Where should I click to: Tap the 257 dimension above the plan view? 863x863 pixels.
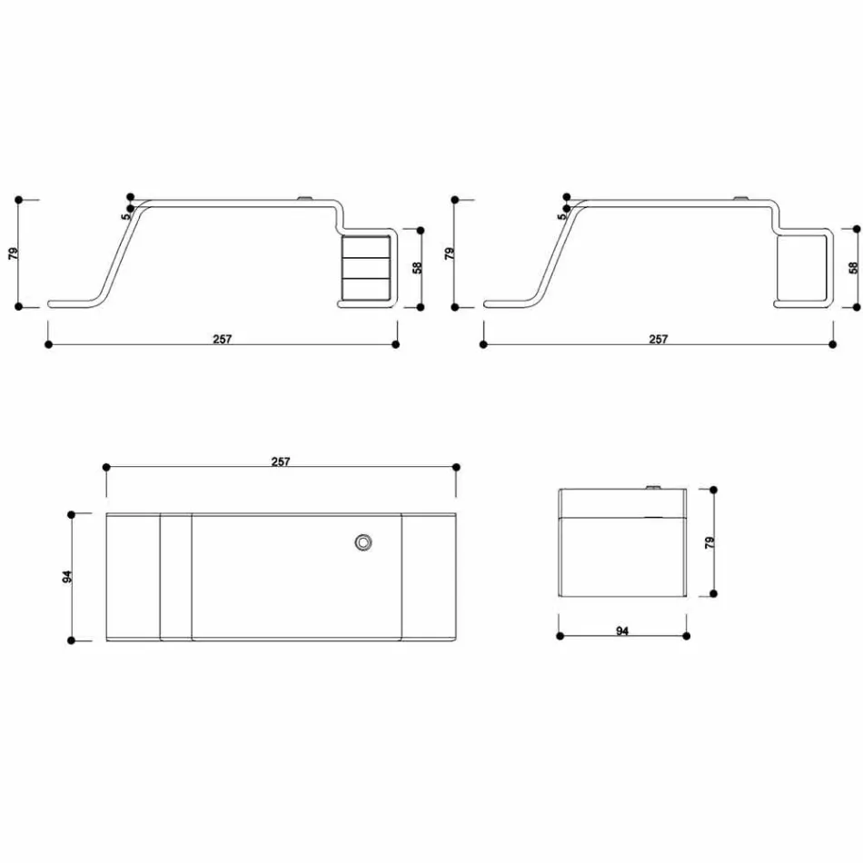pyautogui.click(x=281, y=461)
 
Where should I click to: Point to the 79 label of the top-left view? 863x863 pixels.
pyautogui.click(x=13, y=253)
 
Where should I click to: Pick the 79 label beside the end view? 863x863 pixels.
pyautogui.click(x=709, y=542)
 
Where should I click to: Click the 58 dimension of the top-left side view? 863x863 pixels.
pyautogui.click(x=416, y=268)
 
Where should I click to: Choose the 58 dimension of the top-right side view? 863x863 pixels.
pyautogui.click(x=852, y=268)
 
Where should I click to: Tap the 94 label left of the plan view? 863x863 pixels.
pyautogui.click(x=67, y=577)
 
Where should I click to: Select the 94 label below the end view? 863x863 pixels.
pyautogui.click(x=622, y=630)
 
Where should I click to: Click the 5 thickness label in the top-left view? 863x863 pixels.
pyautogui.click(x=125, y=215)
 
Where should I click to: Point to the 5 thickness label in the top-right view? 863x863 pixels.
pyautogui.click(x=561, y=215)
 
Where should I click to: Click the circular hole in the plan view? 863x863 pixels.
pyautogui.click(x=363, y=542)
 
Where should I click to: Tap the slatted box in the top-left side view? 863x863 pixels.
pyautogui.click(x=366, y=268)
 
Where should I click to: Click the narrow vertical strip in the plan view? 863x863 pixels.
pyautogui.click(x=175, y=577)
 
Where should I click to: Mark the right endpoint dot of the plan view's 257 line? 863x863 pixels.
pyautogui.click(x=455, y=467)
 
